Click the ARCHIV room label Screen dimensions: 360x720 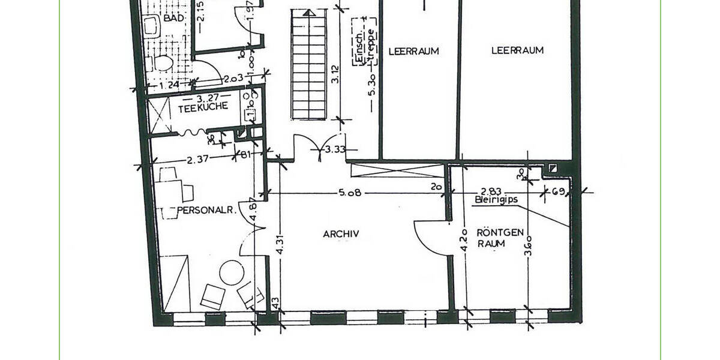(x=341, y=234)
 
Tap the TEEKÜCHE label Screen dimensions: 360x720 (x=202, y=106)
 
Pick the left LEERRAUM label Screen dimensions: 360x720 (x=413, y=51)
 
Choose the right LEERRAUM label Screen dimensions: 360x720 (x=517, y=50)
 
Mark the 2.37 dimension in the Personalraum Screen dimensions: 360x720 (x=197, y=160)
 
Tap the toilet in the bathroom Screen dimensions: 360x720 (x=163, y=63)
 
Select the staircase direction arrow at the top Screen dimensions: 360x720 (x=310, y=12)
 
